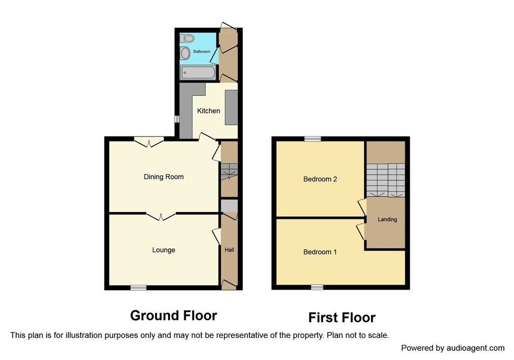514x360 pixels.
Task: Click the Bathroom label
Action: pos(202,52)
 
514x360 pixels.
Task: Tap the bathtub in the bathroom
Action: pos(198,72)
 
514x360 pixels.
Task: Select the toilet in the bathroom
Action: pos(187,38)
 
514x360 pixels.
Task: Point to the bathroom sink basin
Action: pos(185,53)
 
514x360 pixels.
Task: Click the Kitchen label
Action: pos(208,111)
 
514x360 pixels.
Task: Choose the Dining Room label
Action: pos(164,177)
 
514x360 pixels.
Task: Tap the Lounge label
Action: pos(164,250)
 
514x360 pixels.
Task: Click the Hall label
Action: pos(229,250)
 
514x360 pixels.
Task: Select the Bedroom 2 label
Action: pos(320,179)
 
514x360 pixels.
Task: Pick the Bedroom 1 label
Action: pos(320,252)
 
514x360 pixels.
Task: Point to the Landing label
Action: pos(387,219)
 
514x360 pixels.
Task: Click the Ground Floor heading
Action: pos(173,315)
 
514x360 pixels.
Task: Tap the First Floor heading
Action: pos(342,317)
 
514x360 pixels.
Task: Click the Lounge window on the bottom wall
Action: pos(139,288)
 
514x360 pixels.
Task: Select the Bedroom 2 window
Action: pos(313,139)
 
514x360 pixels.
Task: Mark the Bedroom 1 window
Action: pos(317,287)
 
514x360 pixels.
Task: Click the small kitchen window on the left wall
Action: pos(177,118)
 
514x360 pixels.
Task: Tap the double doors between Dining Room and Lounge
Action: pos(161,216)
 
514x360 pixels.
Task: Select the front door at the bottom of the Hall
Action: pos(229,285)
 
